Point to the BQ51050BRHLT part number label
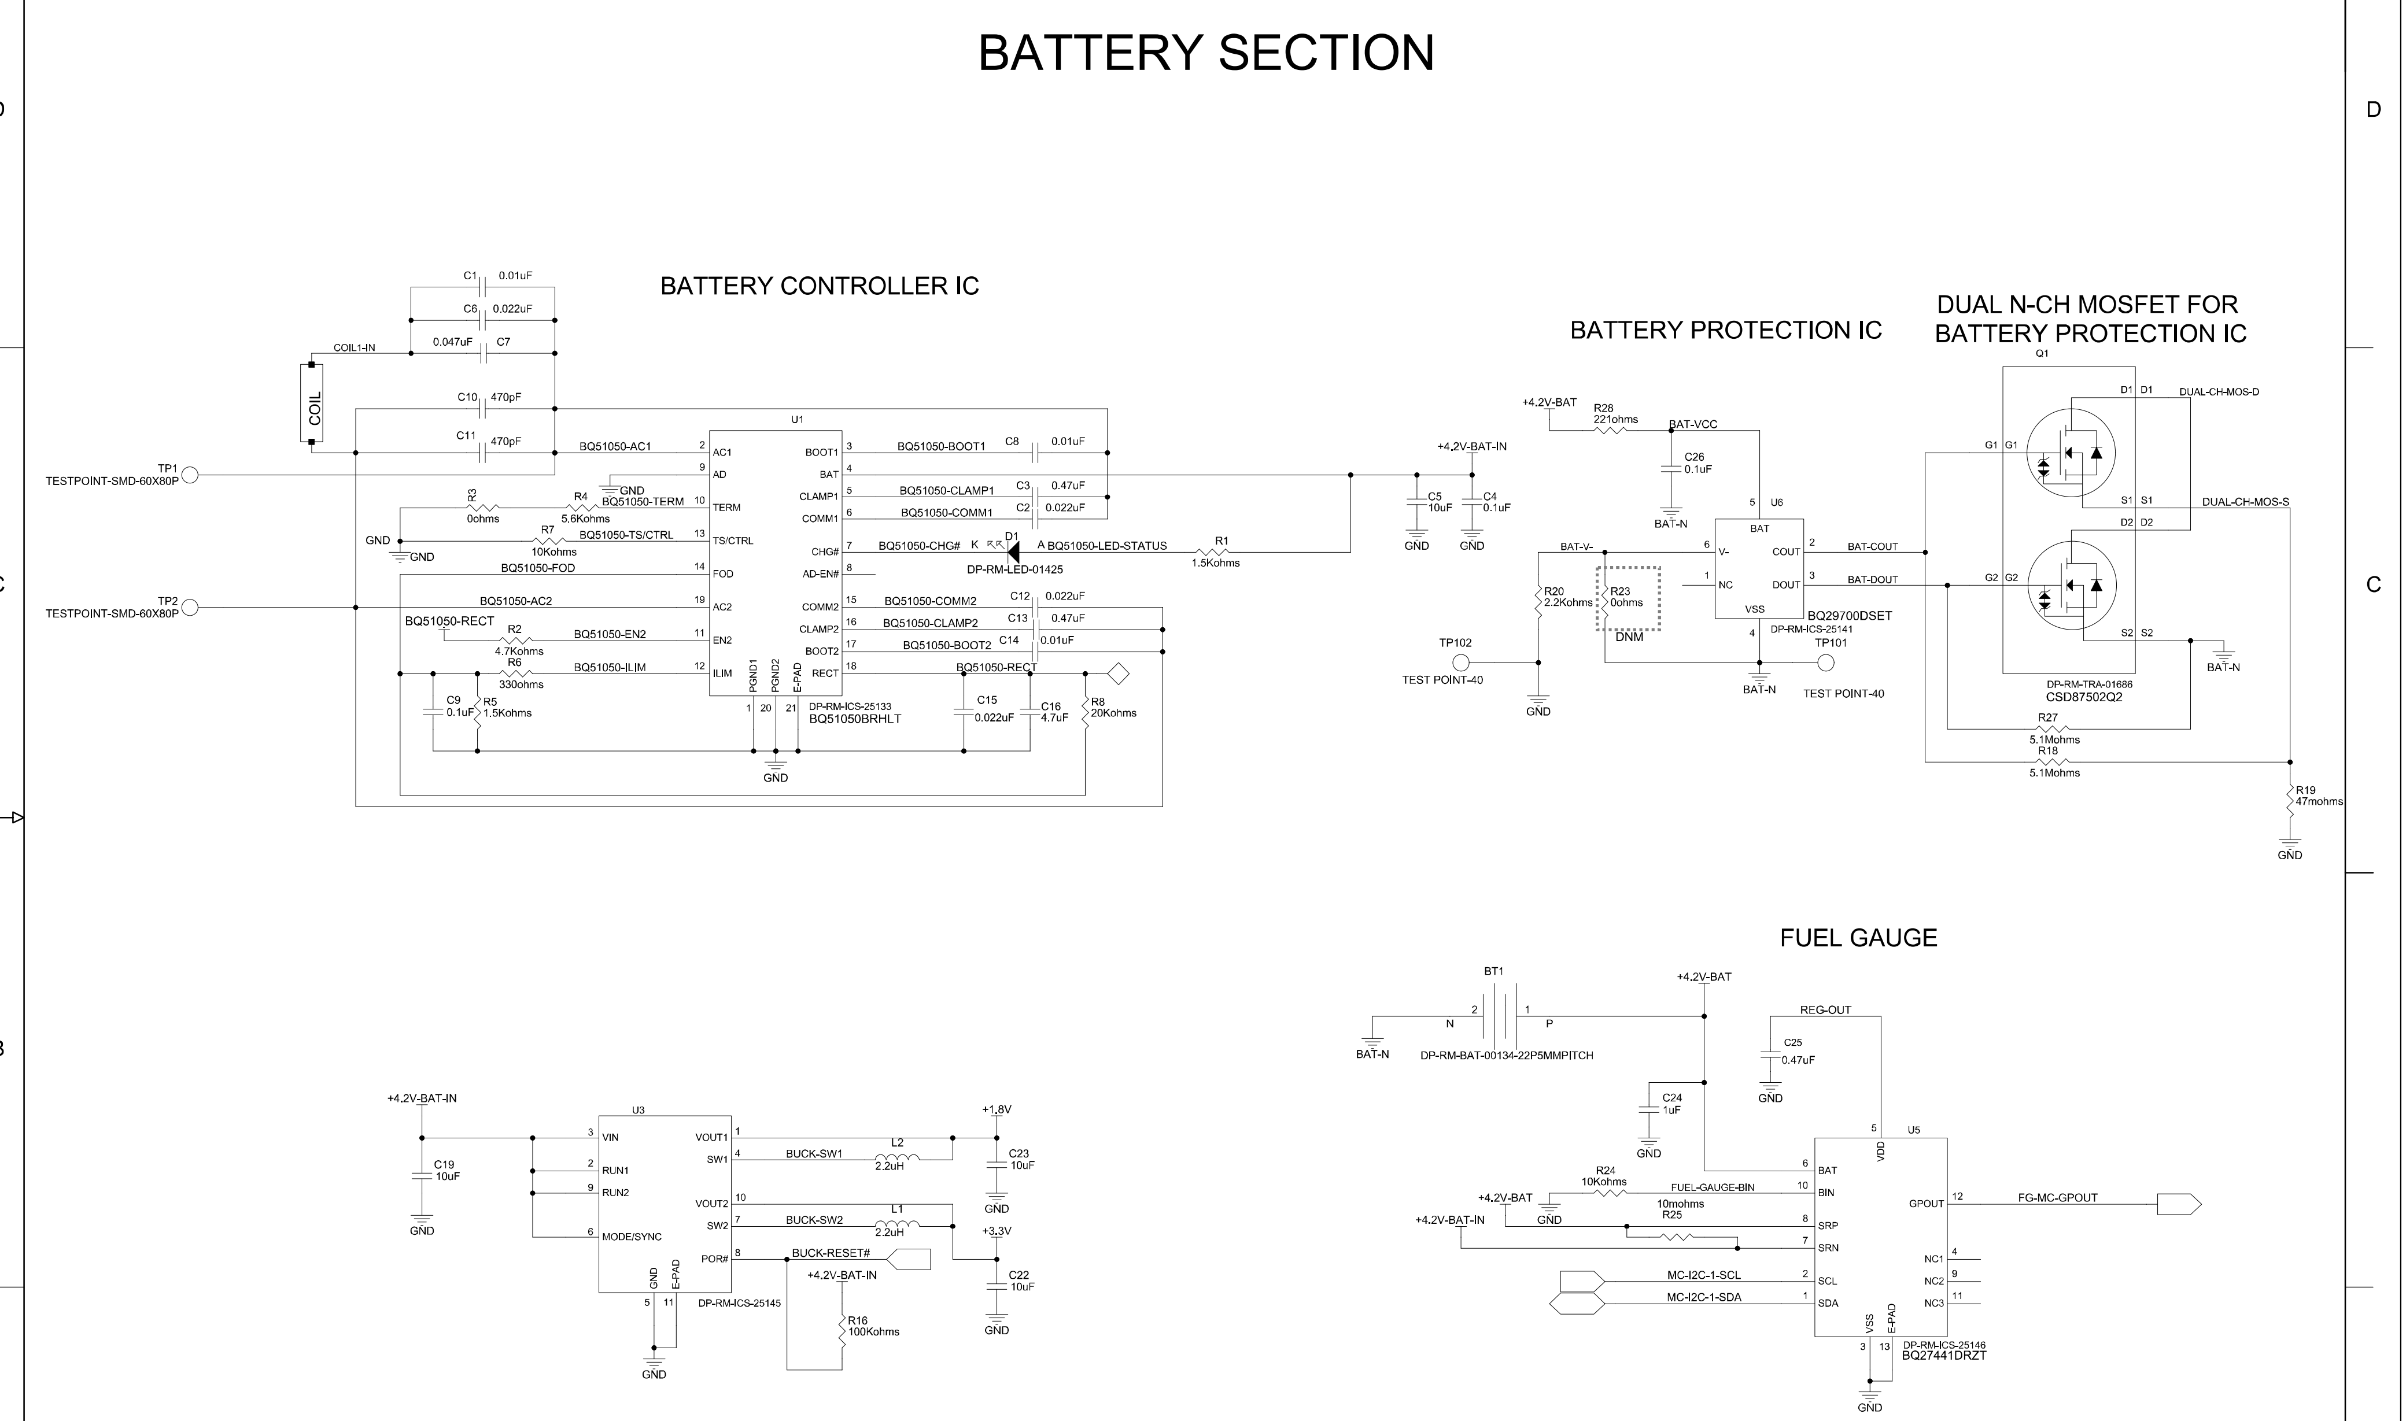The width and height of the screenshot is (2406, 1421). [x=854, y=718]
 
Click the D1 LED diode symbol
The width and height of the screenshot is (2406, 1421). [x=1012, y=552]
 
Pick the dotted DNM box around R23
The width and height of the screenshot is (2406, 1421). [x=1628, y=598]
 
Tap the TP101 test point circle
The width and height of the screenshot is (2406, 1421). [x=1825, y=663]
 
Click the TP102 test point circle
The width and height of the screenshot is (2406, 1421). [x=1460, y=663]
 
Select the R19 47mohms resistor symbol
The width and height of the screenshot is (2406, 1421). [x=2289, y=801]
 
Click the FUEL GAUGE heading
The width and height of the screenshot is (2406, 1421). [x=1858, y=938]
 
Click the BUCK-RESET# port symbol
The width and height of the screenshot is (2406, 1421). [x=910, y=1259]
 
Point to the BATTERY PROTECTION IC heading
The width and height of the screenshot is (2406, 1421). [x=1725, y=330]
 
